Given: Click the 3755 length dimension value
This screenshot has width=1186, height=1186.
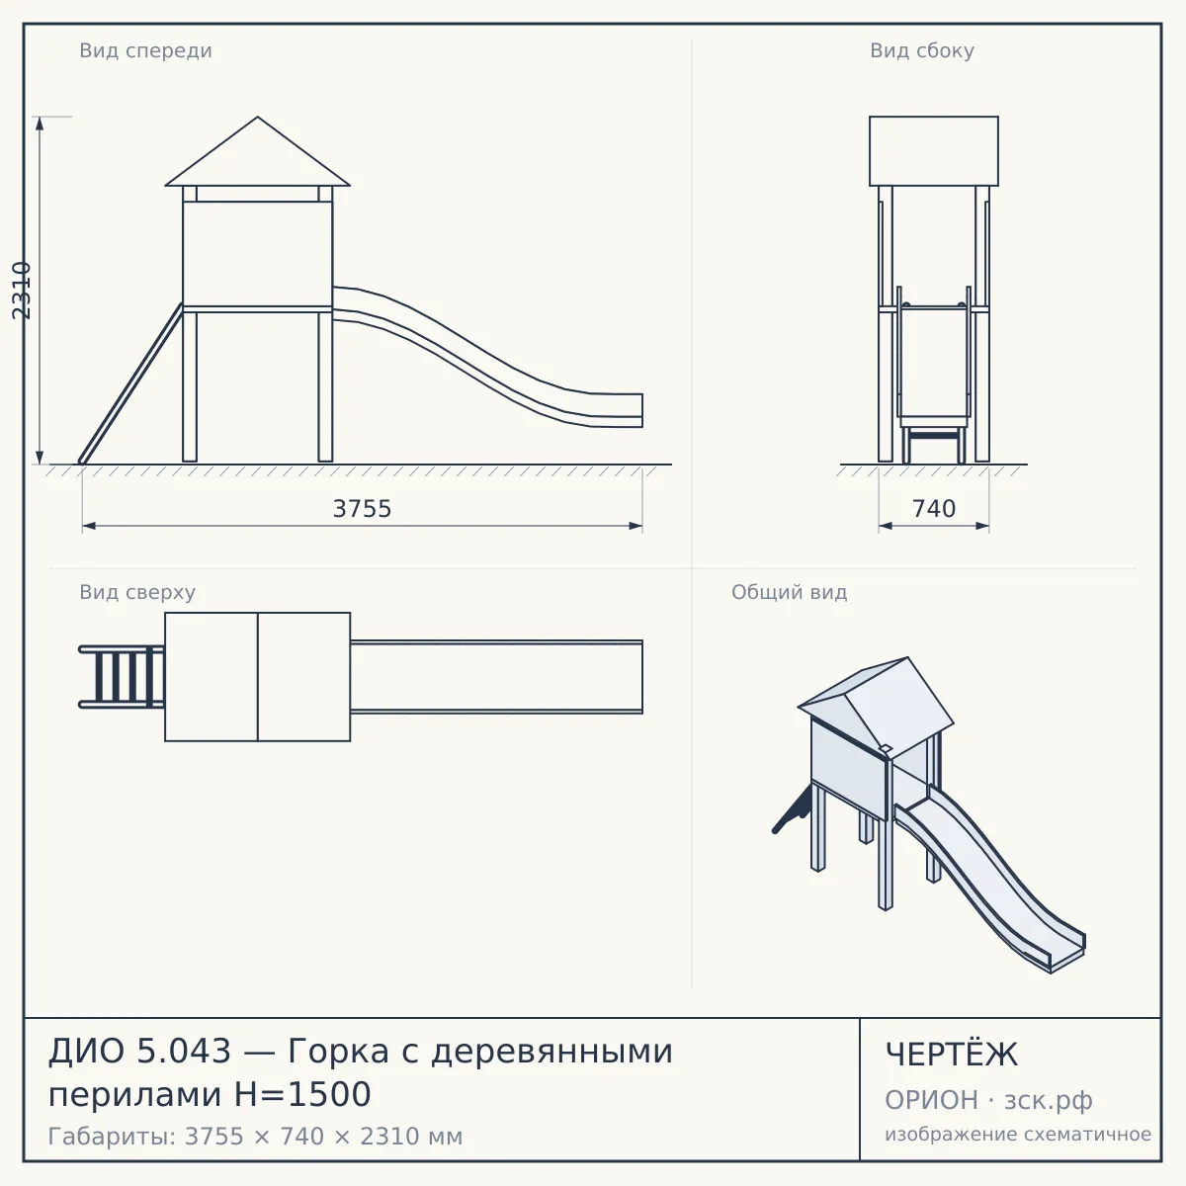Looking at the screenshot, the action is pos(362,509).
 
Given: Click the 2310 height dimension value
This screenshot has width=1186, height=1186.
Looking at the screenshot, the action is pos(22,291).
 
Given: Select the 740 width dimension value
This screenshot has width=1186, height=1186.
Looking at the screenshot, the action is pos(934,509).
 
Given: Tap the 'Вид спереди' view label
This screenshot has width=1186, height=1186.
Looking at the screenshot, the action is pos(146,50).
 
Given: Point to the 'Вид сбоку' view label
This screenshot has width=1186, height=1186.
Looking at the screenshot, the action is pos(922,50).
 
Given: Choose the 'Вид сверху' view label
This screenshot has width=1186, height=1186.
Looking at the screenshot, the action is pos(137,592).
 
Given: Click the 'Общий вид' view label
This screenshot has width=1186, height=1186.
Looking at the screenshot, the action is pos(789,592).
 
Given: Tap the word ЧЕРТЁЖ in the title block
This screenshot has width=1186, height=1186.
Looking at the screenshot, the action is pos(952,1055).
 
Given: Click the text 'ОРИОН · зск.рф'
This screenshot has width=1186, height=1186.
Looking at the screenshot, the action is pos(988,1100).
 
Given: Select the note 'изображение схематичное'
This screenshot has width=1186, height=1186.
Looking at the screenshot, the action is pos(1018,1134).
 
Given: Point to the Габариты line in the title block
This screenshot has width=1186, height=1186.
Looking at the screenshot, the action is pos(255,1137).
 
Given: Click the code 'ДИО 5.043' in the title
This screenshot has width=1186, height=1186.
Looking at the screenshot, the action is pos(139,1051).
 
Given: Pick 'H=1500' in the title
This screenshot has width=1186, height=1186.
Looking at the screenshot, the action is pos(302,1094).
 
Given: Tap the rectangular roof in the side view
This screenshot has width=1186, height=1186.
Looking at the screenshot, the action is pos(934,151).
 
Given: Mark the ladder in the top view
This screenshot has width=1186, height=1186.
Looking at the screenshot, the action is pos(122,677).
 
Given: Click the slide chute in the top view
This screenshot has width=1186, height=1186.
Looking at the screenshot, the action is pos(496,677).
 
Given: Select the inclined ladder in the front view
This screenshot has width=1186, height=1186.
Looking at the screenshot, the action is pos(131,383).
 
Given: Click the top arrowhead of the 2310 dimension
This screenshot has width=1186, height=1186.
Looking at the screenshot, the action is pos(40,123).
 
